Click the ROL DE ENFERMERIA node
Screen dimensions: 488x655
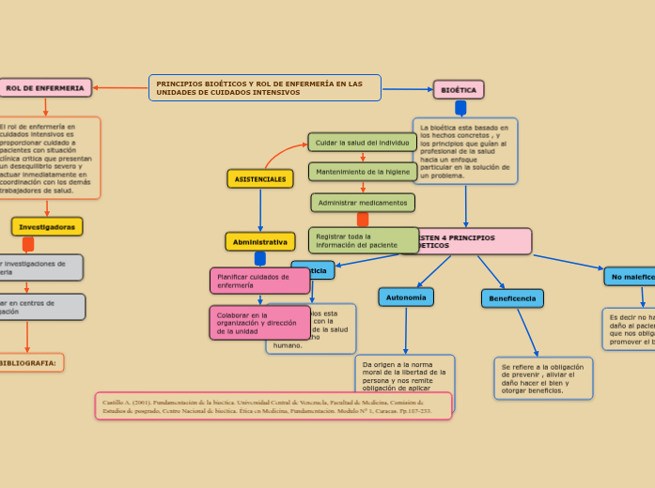point(45,88)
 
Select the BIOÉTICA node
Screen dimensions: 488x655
point(459,90)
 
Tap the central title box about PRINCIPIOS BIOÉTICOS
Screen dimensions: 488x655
point(264,88)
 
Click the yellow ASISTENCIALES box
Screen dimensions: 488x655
point(260,178)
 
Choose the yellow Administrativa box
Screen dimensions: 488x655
point(260,242)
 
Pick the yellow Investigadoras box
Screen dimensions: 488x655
point(47,227)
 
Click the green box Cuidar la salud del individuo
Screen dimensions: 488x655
point(362,143)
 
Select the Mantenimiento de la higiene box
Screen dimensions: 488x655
point(363,172)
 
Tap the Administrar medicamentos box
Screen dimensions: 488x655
point(363,203)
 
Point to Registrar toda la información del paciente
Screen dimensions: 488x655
point(363,240)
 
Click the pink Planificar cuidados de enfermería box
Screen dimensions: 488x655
point(259,281)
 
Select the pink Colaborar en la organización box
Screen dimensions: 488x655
point(259,323)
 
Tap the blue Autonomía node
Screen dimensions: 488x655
point(406,297)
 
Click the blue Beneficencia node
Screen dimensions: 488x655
point(512,298)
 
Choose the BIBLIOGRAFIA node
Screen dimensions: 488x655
point(29,362)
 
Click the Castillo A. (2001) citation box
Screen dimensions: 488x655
point(273,405)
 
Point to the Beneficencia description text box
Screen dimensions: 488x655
point(543,378)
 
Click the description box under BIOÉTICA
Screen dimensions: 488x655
point(465,150)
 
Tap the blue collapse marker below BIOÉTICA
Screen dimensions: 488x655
point(460,108)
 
